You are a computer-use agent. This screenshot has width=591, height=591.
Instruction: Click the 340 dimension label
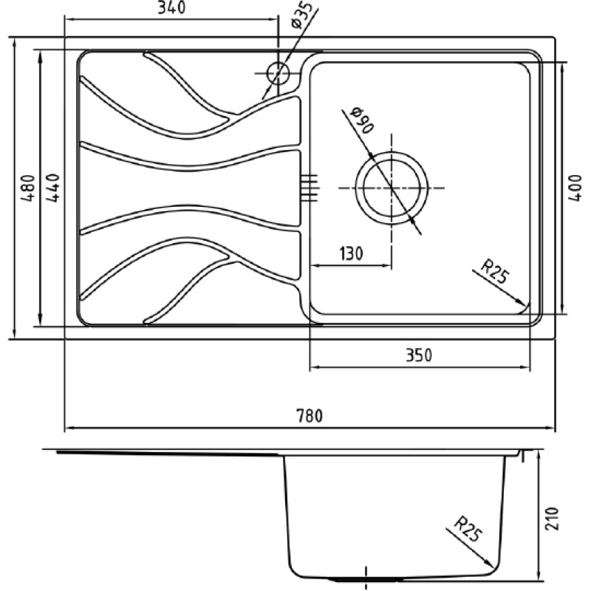[171, 7]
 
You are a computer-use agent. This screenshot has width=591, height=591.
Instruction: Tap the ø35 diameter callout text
[301, 15]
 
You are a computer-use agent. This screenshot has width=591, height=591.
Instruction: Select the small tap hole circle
[278, 72]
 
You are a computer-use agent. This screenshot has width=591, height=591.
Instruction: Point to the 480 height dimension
[29, 188]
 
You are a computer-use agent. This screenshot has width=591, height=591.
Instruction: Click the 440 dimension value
[53, 188]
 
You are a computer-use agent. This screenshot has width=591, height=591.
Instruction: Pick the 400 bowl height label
[575, 188]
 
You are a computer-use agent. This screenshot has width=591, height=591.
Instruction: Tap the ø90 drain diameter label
[362, 120]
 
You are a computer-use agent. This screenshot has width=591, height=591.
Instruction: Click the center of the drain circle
[392, 188]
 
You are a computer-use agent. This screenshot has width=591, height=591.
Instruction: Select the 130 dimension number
[351, 253]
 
